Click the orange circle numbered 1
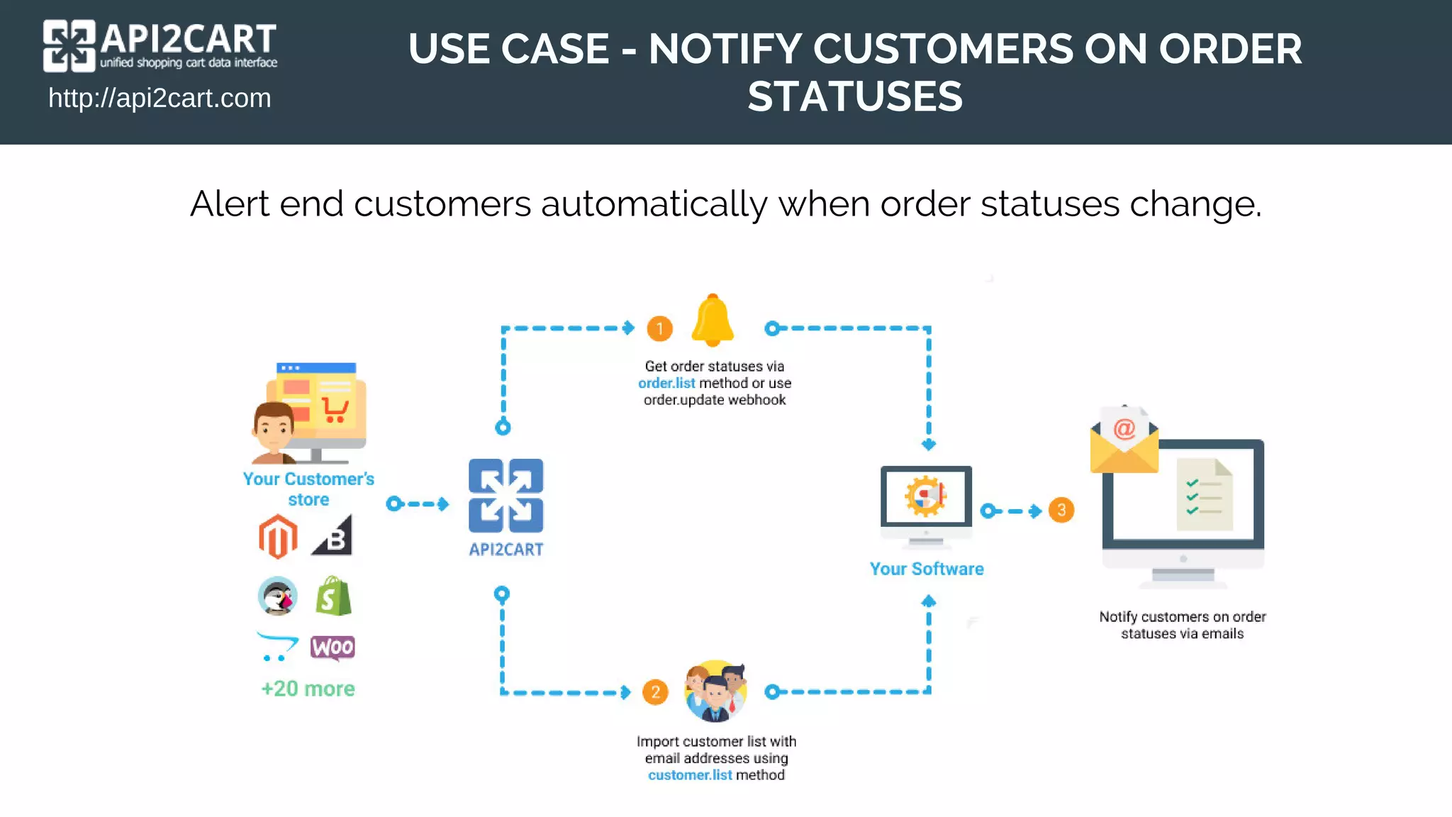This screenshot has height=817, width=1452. pos(659,328)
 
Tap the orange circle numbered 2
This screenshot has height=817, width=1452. pos(655,692)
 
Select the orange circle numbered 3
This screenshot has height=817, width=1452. pos(1061,510)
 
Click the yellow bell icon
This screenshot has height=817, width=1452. pos(713,321)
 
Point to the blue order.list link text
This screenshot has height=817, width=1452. pos(666,383)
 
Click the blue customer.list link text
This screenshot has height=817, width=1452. pos(690,775)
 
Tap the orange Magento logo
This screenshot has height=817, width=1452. pos(278,537)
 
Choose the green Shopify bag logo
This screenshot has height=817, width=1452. pos(333,596)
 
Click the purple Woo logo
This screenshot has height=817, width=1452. pos(333,647)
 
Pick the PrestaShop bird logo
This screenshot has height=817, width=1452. pos(277,596)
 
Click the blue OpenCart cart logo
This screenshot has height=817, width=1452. pos(277,646)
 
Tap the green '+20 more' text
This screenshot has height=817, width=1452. pos(308,689)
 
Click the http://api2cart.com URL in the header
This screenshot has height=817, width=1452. pos(160,98)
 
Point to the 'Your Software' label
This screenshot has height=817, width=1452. pos(927,569)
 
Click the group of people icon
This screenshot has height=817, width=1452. pos(715,691)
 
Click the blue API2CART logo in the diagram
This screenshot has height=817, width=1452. pos(506,496)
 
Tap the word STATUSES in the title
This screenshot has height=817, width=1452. pos(855,96)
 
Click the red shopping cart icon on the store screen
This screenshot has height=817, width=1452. pos(335,410)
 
